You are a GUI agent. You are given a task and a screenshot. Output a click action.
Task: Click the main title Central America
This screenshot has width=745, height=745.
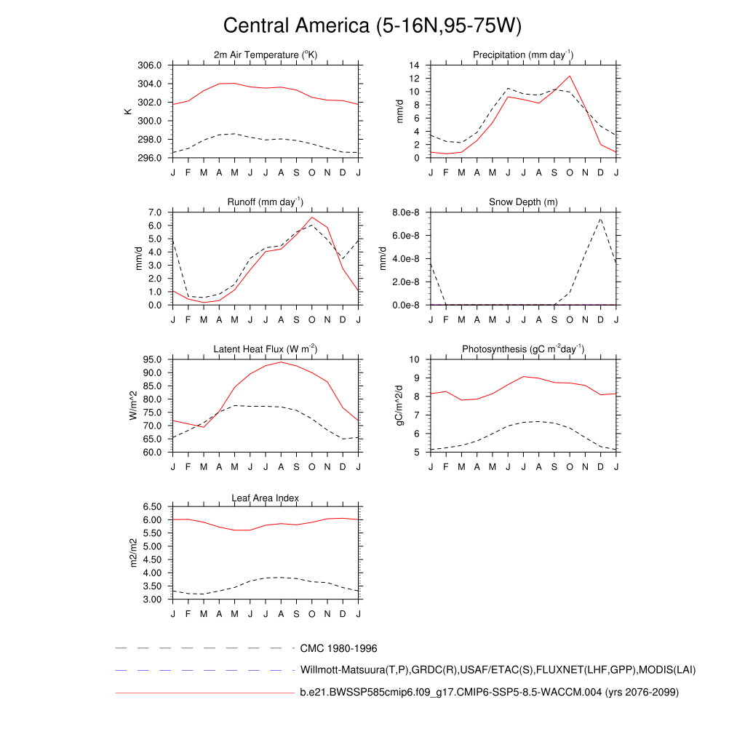tap(372, 26)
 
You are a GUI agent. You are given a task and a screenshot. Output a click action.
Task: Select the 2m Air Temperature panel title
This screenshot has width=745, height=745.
tap(266, 55)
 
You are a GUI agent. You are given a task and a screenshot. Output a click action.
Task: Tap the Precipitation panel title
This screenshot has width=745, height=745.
tap(523, 55)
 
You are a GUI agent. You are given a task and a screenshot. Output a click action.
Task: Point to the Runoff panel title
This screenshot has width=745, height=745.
tap(266, 202)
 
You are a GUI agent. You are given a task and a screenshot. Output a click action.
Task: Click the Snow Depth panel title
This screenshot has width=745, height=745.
tap(523, 202)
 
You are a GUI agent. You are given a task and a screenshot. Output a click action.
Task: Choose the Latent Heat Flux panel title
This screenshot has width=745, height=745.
tap(266, 349)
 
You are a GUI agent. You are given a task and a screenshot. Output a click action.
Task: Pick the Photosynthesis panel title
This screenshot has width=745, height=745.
tap(523, 349)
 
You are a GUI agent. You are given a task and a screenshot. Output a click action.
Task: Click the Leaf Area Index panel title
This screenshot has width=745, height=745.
tap(266, 498)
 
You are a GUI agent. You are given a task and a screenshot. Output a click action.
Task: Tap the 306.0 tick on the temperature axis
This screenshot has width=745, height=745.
tap(151, 65)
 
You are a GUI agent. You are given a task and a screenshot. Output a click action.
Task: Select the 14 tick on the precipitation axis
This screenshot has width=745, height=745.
tap(414, 65)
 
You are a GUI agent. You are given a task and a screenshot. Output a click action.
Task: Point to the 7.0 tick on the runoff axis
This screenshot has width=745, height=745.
tap(154, 212)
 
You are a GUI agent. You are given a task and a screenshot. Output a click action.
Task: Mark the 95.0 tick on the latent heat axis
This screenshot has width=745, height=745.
tap(153, 359)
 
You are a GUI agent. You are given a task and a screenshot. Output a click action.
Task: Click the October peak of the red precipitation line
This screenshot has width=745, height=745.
tap(570, 76)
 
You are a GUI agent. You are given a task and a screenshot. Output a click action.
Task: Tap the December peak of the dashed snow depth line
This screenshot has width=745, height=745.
tap(601, 218)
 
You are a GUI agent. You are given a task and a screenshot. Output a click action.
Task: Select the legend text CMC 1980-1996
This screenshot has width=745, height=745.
tap(338, 648)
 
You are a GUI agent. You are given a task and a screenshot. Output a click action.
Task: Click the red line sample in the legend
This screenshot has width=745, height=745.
tap(204, 693)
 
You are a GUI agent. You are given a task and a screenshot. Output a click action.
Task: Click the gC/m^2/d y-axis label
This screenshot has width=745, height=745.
tap(398, 405)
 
